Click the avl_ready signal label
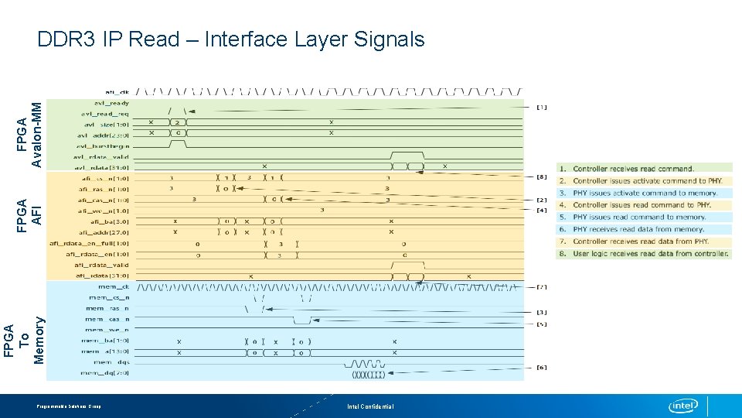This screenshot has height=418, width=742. [111, 102]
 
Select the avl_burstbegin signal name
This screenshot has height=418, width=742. [104, 146]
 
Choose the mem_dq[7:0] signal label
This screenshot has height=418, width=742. [105, 373]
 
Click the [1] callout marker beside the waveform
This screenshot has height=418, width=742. [542, 108]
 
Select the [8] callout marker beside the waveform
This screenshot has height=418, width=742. [542, 177]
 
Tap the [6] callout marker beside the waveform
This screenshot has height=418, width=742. [542, 368]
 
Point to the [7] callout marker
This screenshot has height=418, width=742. [542, 287]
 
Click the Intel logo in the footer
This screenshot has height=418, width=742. [683, 406]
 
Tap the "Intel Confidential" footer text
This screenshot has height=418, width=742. [370, 406]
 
